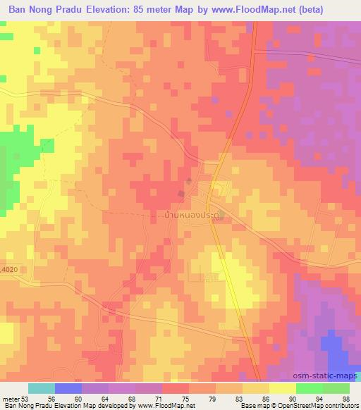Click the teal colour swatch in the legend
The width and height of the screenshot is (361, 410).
pyautogui.click(x=42, y=388)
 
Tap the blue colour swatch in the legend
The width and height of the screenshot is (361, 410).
pyautogui.click(x=68, y=388)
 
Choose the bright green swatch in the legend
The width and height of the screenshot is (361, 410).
pyautogui.click(x=309, y=388)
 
